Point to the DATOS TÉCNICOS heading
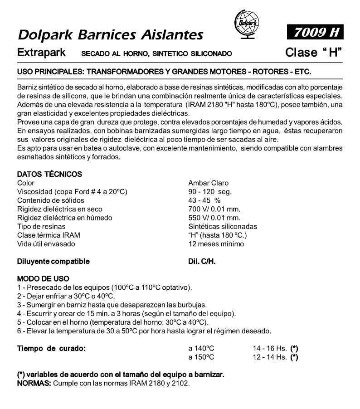[49, 174]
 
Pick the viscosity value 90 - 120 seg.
[210, 192]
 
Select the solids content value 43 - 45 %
[204, 200]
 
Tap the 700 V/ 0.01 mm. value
[214, 209]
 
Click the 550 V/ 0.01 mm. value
[214, 218]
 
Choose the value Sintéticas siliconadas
[223, 226]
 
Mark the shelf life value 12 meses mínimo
[216, 244]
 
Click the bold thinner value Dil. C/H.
[202, 261]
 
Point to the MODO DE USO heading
[44, 278]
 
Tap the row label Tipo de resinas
[41, 226]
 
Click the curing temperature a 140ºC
[201, 348]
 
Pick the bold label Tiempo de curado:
[51, 348]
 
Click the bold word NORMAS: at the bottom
[34, 384]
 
